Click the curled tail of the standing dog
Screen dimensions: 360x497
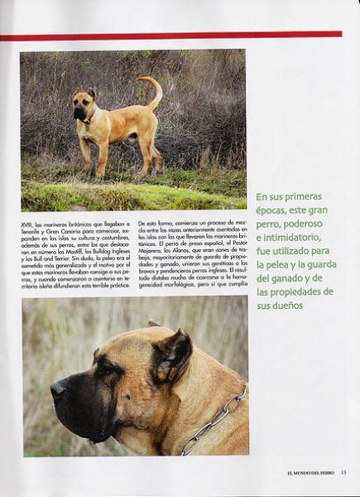[x=153, y=87]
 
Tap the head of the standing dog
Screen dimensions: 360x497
[x=84, y=103]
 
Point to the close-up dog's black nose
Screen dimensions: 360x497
[x=58, y=388]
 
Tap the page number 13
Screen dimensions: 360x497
[x=343, y=472]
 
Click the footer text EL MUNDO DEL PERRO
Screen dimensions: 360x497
[x=307, y=472]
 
